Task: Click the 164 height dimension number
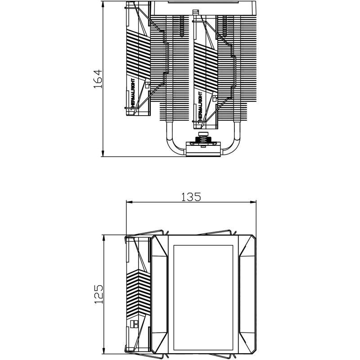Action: pos(98,79)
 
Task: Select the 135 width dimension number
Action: pos(191,197)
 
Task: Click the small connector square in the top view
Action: pos(133,323)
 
